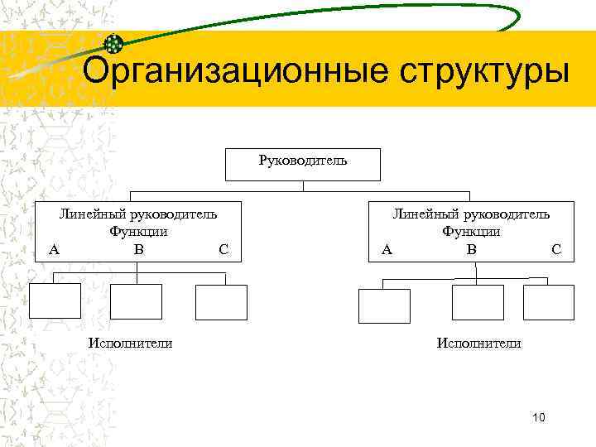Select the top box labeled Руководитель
(x=303, y=164)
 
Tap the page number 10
(x=539, y=418)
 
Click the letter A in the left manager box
(x=54, y=248)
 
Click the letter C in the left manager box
(x=223, y=248)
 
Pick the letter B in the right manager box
(x=471, y=248)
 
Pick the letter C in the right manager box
(x=555, y=248)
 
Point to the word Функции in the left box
(x=138, y=232)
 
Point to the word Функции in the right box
(x=471, y=232)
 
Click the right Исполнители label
(x=479, y=343)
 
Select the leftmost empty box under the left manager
(x=55, y=301)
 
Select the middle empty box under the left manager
(x=136, y=301)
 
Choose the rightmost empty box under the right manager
(x=549, y=303)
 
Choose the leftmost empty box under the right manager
(x=384, y=305)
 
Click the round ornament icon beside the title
(x=114, y=45)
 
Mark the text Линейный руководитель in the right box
(x=471, y=214)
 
